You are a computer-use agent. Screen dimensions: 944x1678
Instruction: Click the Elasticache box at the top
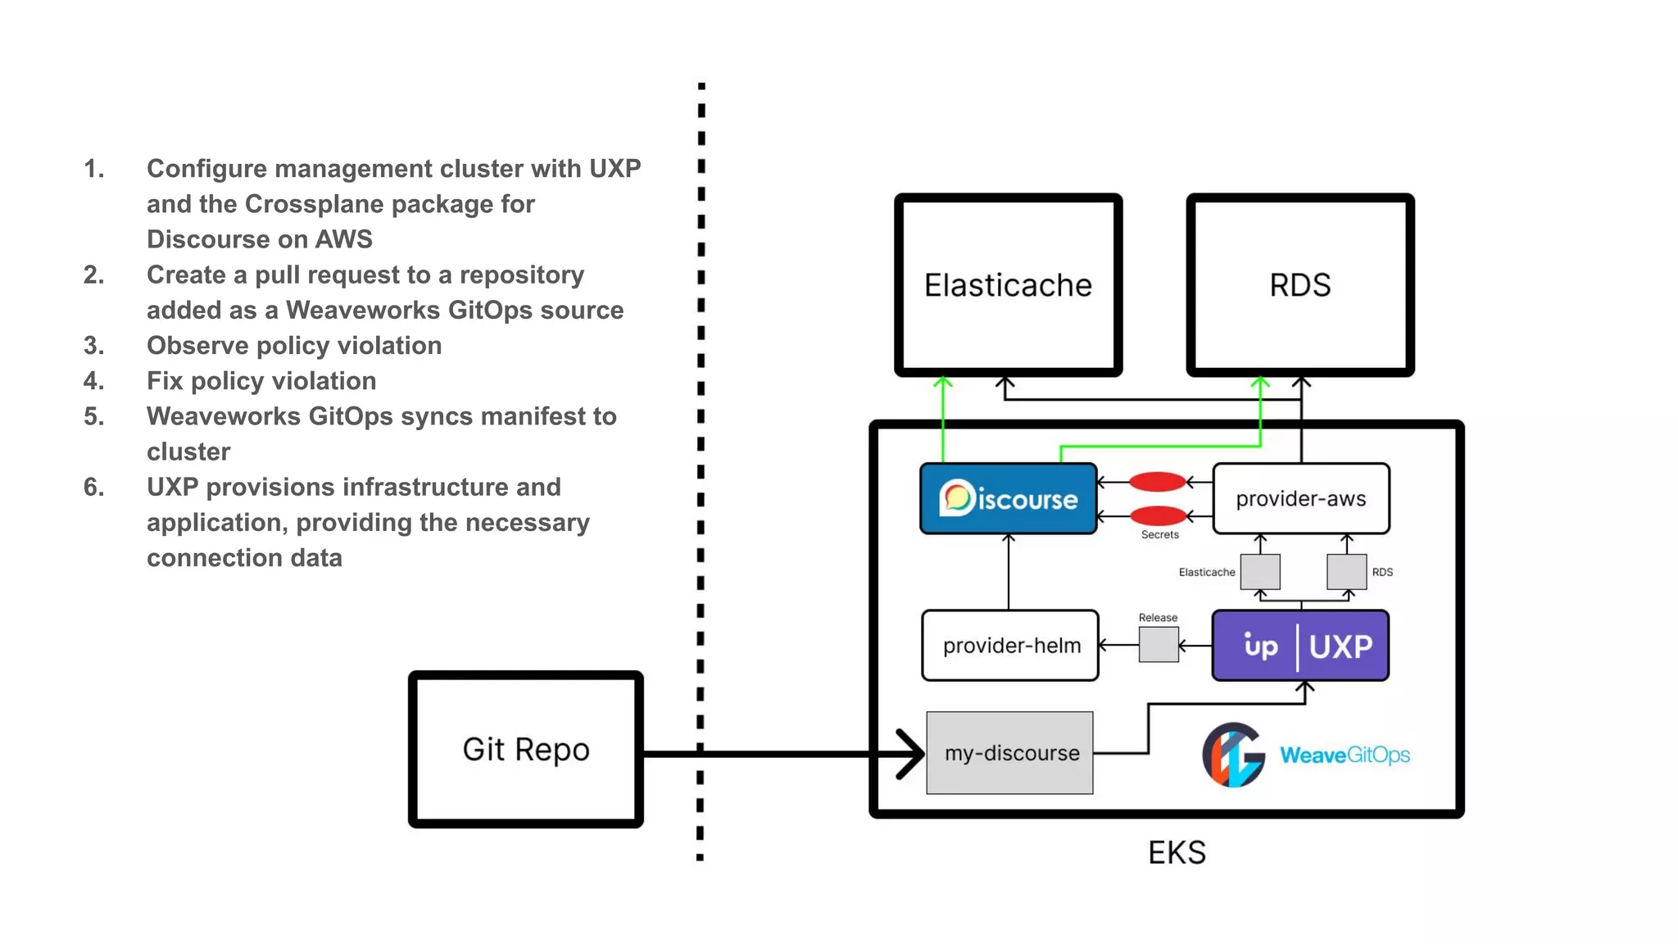(1008, 285)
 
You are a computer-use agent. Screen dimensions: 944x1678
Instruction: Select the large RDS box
(1300, 285)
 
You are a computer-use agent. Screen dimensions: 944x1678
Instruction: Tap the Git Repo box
(525, 749)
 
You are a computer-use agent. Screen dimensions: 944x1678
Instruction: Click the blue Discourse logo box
(1008, 498)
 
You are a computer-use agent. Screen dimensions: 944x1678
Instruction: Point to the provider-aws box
(1300, 498)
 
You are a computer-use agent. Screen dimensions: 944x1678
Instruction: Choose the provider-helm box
(1010, 645)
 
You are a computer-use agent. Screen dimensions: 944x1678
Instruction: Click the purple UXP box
(1300, 645)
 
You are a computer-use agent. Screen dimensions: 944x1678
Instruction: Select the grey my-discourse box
(1009, 752)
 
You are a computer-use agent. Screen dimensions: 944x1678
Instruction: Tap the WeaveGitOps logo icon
(1233, 754)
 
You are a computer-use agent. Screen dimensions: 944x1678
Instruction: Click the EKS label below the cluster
(1177, 853)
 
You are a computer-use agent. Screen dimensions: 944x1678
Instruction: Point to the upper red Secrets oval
(1158, 482)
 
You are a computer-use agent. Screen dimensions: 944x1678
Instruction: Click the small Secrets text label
(1159, 534)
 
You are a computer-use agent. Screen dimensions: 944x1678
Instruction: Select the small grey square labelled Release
(1159, 645)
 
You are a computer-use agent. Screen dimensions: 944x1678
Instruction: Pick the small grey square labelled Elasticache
(1260, 571)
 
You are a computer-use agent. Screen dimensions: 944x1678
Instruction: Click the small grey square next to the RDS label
(1346, 571)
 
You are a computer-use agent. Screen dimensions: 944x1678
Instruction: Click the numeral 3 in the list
(93, 346)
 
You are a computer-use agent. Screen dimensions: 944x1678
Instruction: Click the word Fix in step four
(165, 381)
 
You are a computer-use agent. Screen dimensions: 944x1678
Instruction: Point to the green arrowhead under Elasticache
(943, 383)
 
